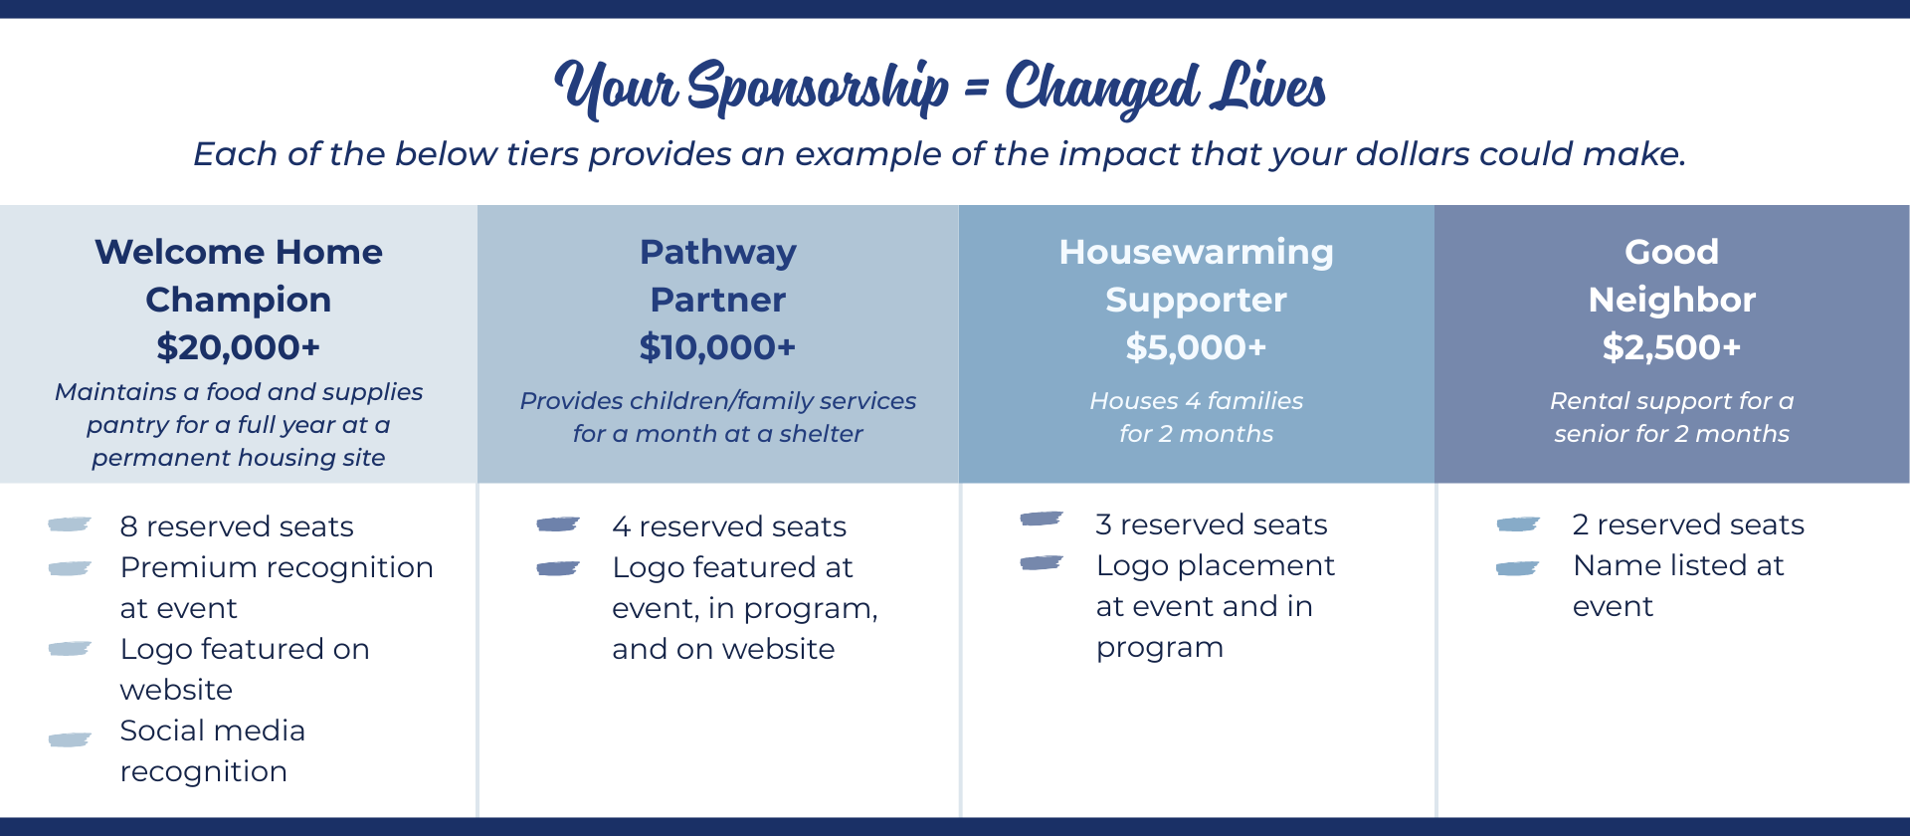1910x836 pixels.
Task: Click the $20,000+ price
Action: [x=238, y=347]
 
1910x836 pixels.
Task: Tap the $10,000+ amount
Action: [x=717, y=347]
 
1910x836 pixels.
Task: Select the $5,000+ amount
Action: [x=1196, y=347]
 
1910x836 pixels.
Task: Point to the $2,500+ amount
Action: [x=1671, y=347]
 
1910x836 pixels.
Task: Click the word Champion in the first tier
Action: [x=238, y=300]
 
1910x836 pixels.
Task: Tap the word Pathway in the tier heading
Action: [x=717, y=253]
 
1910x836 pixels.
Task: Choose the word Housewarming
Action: [x=1196, y=253]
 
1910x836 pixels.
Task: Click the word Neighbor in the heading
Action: [x=1671, y=300]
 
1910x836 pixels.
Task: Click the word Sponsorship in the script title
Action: [x=818, y=88]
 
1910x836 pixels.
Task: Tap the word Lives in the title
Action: [x=1268, y=87]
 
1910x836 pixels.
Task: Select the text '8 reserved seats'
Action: [x=237, y=526]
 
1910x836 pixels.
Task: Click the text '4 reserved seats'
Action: [x=729, y=526]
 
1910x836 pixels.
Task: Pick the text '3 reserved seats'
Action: [x=1212, y=524]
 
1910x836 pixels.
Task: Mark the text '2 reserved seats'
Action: [x=1688, y=524]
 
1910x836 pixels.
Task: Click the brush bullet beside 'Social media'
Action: [x=70, y=739]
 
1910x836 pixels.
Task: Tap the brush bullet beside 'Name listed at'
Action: [x=1518, y=568]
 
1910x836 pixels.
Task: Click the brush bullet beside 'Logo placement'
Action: [x=1042, y=563]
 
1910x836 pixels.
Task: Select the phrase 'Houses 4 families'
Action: [x=1196, y=401]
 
